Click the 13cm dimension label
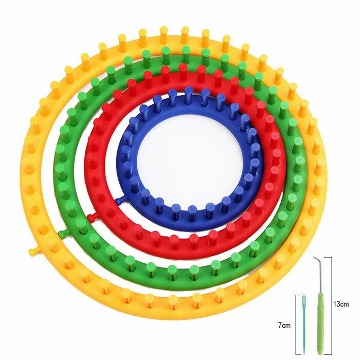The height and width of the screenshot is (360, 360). (341, 304)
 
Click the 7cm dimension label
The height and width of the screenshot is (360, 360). (284, 326)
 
